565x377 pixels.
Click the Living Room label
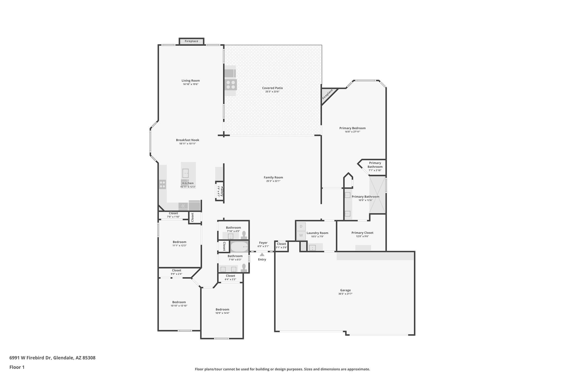click(190, 81)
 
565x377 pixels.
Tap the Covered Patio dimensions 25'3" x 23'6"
click(272, 91)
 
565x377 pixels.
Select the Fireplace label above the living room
click(191, 41)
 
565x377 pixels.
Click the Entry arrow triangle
click(262, 254)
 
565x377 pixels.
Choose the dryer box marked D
click(301, 226)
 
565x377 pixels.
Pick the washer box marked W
click(301, 236)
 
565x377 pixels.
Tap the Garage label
click(345, 290)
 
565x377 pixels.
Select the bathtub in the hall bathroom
click(239, 246)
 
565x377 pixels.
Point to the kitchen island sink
click(185, 173)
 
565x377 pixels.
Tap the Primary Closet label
click(362, 233)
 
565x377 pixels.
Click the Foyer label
click(263, 243)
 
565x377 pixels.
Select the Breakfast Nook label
click(188, 140)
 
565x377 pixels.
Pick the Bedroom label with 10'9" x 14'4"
click(222, 309)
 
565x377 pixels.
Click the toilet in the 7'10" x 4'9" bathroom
click(244, 235)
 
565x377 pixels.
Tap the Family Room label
click(273, 178)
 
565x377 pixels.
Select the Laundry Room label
click(317, 233)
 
